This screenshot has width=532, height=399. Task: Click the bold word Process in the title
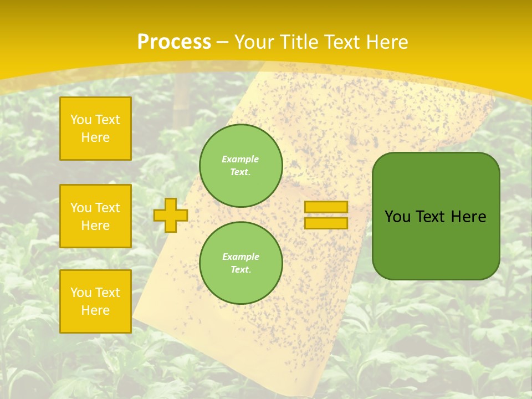(174, 42)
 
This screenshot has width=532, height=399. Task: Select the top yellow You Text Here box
(95, 129)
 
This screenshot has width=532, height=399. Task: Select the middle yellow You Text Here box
(95, 216)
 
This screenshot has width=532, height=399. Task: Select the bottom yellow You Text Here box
(95, 301)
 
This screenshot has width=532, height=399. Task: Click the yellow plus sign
(170, 215)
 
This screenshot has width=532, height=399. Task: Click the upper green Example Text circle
(241, 166)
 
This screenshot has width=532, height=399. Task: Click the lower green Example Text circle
(241, 263)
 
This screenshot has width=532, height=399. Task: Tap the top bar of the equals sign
(326, 207)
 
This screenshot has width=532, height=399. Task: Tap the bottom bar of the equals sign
(326, 223)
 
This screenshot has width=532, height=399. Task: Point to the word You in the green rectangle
(397, 217)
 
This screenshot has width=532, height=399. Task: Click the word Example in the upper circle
(241, 159)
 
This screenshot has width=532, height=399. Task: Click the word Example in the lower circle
(241, 257)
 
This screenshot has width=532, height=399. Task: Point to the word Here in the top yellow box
(95, 137)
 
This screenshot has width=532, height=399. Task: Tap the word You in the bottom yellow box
(81, 293)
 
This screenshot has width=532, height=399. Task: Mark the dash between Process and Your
(223, 42)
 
